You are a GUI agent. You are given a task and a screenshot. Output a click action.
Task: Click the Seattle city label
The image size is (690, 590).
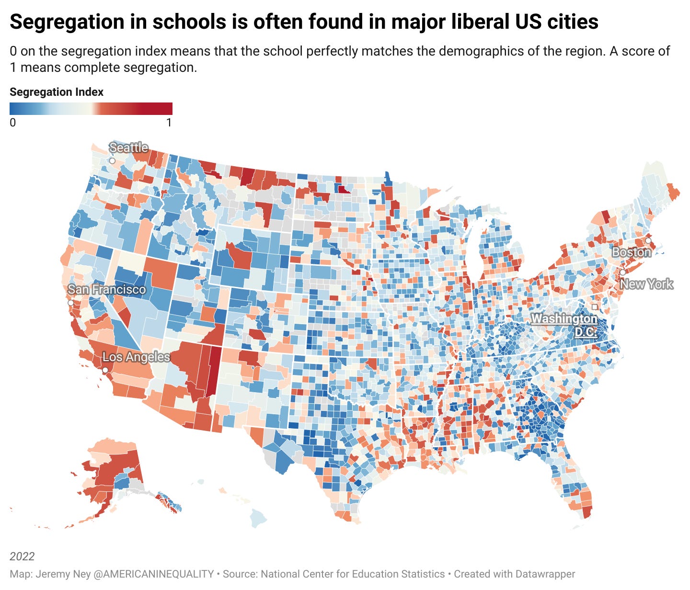128,147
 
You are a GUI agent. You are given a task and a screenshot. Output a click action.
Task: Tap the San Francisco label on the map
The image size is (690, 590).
106,289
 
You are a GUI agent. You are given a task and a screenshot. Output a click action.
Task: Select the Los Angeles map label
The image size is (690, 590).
136,357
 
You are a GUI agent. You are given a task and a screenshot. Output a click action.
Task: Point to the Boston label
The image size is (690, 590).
631,252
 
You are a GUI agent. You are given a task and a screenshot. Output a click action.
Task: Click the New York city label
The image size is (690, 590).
646,284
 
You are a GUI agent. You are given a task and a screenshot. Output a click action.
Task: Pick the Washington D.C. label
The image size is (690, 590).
564,325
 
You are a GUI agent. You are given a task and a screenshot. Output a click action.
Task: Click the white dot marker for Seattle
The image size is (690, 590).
112,161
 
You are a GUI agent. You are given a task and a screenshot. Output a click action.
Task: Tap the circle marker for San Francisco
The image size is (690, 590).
71,303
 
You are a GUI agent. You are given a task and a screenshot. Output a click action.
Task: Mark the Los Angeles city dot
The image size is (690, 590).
105,370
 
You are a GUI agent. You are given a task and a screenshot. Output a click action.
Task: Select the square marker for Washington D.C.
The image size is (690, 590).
595,307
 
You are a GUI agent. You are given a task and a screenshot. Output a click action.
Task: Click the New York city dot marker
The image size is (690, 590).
622,272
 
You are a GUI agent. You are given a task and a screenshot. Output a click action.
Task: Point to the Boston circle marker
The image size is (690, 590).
648,241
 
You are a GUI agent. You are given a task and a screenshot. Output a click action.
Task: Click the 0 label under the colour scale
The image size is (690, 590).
13,123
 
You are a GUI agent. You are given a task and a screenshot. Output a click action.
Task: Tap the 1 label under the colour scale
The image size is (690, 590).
169,123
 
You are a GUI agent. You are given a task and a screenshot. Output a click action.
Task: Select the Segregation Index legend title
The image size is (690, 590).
57,92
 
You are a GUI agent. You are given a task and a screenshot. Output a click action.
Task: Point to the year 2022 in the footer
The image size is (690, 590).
22,556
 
